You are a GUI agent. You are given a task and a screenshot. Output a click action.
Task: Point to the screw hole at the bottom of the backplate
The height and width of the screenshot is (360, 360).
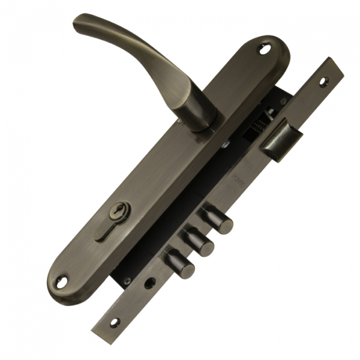[63, 280]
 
